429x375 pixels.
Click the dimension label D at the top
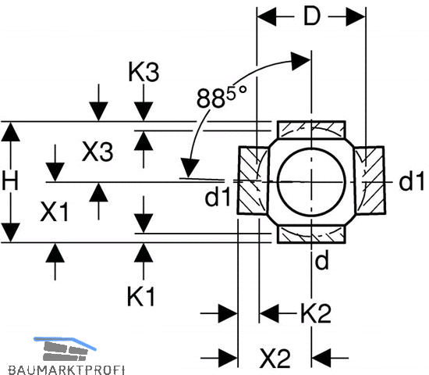click(311, 16)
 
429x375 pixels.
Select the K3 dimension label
click(144, 72)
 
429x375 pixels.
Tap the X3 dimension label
click(97, 152)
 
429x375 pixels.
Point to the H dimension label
click(10, 180)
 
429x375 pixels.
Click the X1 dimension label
click(54, 212)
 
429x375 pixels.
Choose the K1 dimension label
click(141, 297)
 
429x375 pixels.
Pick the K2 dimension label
click(315, 313)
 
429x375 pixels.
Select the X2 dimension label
click(275, 358)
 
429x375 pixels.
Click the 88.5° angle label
click(222, 97)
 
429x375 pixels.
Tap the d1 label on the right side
click(411, 181)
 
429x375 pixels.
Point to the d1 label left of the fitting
click(218, 197)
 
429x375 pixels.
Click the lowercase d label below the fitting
click(321, 260)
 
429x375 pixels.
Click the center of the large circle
click(311, 182)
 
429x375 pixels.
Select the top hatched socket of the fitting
click(311, 130)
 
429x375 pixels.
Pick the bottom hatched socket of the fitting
click(311, 234)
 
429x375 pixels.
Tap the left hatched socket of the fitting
click(253, 180)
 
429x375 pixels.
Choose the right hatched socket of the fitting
click(370, 180)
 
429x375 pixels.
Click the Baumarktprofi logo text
click(66, 370)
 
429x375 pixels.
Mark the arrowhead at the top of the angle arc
click(300, 61)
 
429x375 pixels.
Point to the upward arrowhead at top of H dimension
click(11, 132)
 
